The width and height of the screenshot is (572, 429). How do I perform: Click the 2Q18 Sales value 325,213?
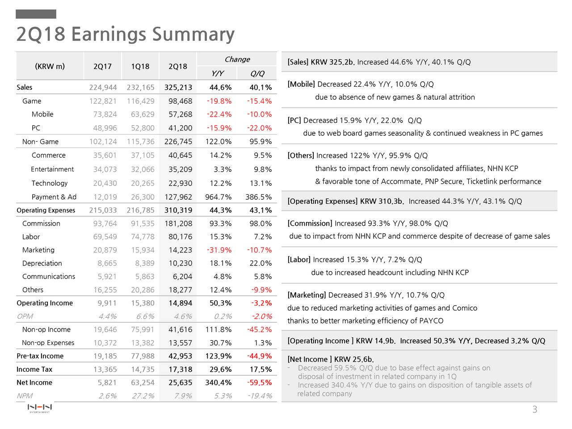tap(178, 87)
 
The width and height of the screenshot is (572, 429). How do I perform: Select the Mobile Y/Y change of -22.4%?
tap(219, 114)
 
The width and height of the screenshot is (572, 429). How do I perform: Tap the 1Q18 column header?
tap(140, 67)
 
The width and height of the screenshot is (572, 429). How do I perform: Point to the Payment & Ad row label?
tap(54, 197)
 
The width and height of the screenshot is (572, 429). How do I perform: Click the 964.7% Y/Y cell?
tap(219, 197)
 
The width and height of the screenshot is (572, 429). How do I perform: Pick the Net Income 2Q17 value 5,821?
tap(107, 383)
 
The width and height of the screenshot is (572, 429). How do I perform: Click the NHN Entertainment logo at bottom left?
tap(40, 408)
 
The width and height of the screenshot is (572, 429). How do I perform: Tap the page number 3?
tap(535, 409)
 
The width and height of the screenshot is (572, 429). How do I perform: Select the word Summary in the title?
tap(193, 34)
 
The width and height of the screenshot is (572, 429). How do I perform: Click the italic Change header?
tap(237, 59)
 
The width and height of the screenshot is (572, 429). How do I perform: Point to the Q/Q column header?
tap(257, 73)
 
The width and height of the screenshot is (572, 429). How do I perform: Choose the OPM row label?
tap(25, 316)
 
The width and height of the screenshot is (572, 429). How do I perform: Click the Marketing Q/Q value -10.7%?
tap(259, 250)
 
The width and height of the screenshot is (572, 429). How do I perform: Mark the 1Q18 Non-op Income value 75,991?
tap(143, 329)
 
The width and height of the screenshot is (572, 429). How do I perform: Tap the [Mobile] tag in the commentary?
tap(301, 84)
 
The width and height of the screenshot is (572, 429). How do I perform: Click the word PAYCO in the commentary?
tap(431, 321)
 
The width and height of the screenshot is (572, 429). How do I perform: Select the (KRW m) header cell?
tap(50, 66)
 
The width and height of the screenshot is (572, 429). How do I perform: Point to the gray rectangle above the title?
tap(36, 14)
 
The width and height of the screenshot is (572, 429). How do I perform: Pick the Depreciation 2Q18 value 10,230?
tap(181, 263)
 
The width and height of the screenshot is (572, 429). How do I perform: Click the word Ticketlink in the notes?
tap(482, 181)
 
